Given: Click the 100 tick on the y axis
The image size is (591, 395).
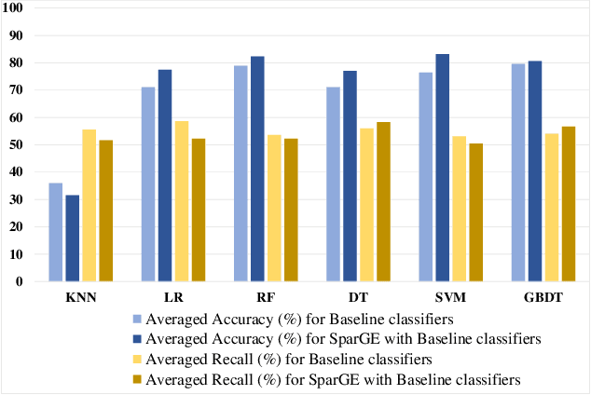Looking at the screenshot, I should [17, 8].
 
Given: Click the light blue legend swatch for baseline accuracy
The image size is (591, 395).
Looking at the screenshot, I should [137, 317].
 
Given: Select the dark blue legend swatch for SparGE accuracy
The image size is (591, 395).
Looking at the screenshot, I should [137, 337].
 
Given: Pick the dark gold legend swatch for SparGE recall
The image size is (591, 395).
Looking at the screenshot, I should [137, 378].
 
